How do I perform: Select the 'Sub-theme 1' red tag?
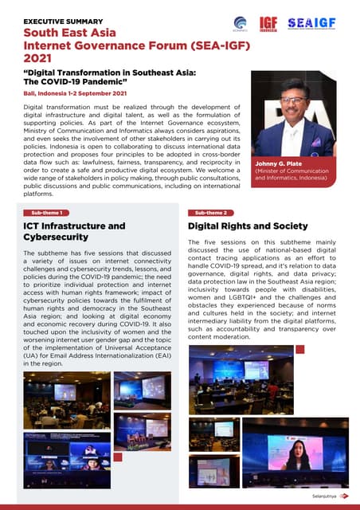[x=47, y=213]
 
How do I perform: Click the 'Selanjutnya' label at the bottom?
[x=319, y=496]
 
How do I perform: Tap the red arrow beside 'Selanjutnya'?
[x=343, y=496]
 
